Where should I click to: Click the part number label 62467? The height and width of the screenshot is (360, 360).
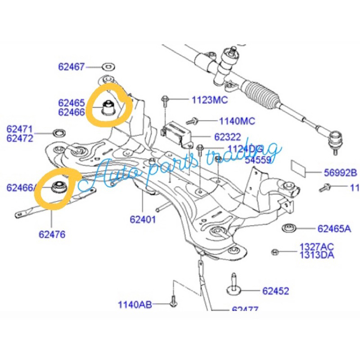[x=71, y=67]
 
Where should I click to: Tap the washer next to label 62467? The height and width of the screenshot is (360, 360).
[x=108, y=67]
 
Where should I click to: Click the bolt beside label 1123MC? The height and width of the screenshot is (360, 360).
[x=166, y=99]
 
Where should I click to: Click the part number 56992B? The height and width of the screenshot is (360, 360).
[x=340, y=172]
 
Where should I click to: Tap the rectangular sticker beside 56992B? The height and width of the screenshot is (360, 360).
[x=300, y=167]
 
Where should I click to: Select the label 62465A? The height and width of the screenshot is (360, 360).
[x=334, y=229]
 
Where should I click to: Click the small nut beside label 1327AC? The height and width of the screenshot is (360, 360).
[x=275, y=252]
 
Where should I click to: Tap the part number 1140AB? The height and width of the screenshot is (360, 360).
[x=135, y=304]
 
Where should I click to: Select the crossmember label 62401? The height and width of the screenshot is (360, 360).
[x=143, y=220]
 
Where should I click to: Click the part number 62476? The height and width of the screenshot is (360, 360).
[x=52, y=234]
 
